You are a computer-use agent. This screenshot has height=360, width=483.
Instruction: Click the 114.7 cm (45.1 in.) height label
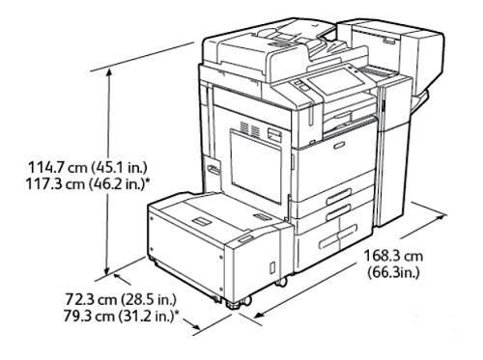coord(88,168)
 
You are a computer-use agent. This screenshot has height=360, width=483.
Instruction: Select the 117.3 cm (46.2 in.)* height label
coord(88,184)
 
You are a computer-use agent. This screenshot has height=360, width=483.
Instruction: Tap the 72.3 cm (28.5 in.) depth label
coord(121,299)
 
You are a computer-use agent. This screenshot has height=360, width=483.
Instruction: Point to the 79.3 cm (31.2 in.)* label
coord(121,317)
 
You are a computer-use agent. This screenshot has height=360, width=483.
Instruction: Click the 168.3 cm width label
coord(393,257)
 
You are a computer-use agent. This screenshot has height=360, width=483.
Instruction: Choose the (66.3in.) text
coord(393,273)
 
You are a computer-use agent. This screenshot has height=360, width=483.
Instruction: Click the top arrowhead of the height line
coord(109,72)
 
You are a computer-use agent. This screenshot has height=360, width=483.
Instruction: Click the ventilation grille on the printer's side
coord(250,128)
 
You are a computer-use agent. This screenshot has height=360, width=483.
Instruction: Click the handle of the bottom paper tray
coord(338,236)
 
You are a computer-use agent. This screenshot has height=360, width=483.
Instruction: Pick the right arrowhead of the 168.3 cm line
coord(442,216)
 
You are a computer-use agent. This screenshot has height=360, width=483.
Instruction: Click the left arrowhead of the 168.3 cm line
coord(260,314)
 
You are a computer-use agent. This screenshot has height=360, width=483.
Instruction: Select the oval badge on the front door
coord(339,145)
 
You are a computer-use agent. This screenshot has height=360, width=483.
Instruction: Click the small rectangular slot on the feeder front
coord(272,267)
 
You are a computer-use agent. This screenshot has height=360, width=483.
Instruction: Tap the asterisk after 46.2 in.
coord(149,181)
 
